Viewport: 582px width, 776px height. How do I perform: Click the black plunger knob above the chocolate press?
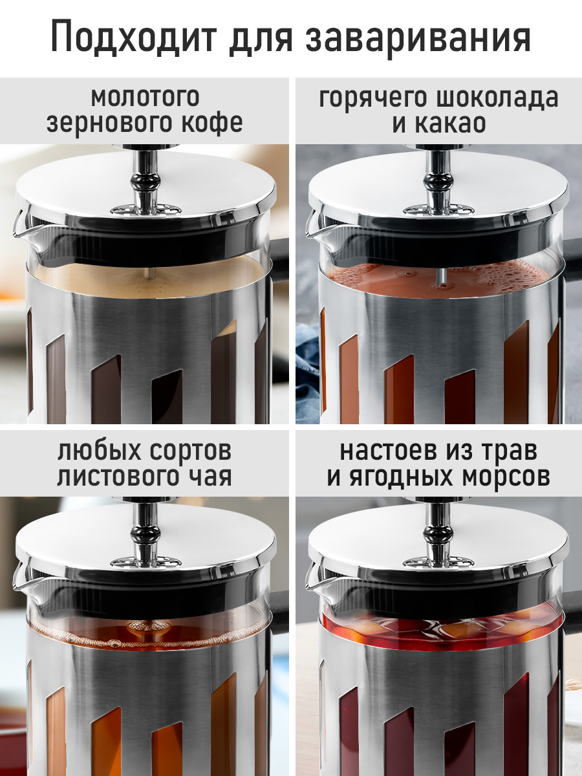click(x=438, y=183)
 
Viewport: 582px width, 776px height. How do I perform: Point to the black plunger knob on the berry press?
click(x=438, y=535)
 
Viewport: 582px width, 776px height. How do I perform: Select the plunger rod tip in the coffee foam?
click(x=150, y=274)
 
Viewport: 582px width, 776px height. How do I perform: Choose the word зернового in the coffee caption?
click(x=104, y=124)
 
